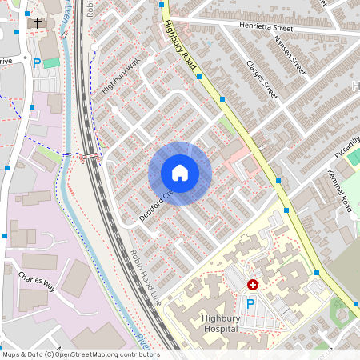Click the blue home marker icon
[180, 173]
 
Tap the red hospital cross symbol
[253, 284]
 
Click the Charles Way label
[35, 284]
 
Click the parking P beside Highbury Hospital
[250, 304]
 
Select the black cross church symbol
[37, 23]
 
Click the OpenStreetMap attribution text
[81, 354]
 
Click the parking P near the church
[36, 62]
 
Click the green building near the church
[51, 62]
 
